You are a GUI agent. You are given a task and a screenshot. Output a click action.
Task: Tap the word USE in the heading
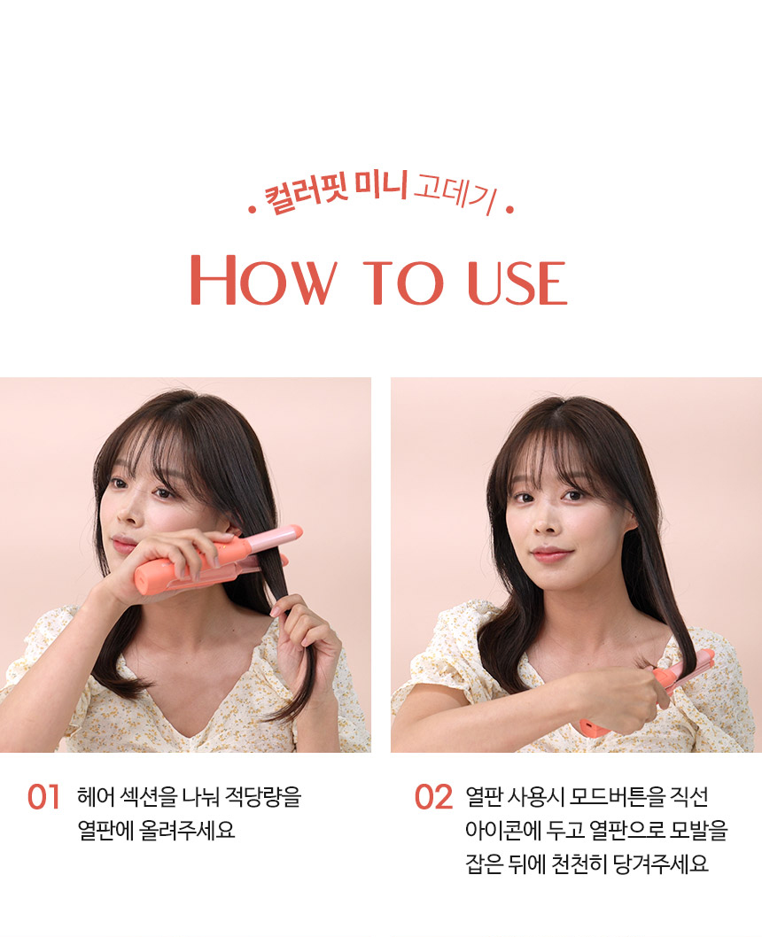(517, 283)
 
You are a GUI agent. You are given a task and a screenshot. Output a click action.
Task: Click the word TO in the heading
(403, 283)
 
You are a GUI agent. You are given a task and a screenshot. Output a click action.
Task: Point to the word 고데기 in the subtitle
(455, 193)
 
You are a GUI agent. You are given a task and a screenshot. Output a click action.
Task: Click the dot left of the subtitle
(253, 210)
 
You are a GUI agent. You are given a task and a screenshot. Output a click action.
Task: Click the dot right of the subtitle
(509, 210)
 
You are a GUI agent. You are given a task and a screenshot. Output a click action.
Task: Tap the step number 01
(43, 797)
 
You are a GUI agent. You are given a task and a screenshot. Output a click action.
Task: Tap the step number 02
(434, 797)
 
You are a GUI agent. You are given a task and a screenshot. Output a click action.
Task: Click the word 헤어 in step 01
(96, 796)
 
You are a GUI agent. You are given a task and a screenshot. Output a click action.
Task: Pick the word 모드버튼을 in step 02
(618, 796)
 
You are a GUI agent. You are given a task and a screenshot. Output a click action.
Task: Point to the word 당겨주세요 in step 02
(661, 863)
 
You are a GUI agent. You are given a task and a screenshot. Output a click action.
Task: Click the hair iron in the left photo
(219, 560)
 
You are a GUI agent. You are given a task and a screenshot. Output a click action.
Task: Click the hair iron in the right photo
(648, 691)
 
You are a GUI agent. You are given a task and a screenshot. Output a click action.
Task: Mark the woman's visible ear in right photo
(630, 521)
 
